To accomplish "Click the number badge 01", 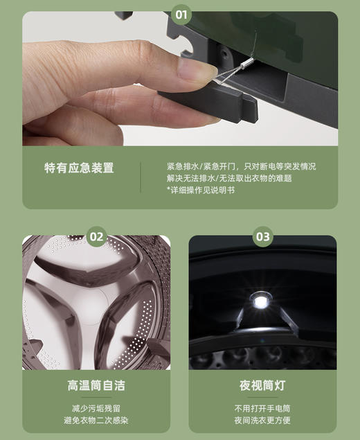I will pyautogui.click(x=180, y=12).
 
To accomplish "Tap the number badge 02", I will pyautogui.click(x=96, y=237).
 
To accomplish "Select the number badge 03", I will pyautogui.click(x=262, y=237).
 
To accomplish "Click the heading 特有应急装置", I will pyautogui.click(x=79, y=168).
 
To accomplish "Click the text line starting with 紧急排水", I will pyautogui.click(x=241, y=166).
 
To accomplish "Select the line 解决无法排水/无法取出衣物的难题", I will pyautogui.click(x=229, y=178).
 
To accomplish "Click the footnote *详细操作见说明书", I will pyautogui.click(x=201, y=190).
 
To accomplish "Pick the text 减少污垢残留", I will pyautogui.click(x=96, y=407).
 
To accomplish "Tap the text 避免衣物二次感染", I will pyautogui.click(x=96, y=420).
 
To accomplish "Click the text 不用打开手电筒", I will pyautogui.click(x=262, y=407).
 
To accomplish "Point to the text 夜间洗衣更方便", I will pyautogui.click(x=262, y=420).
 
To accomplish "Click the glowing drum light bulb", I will pyautogui.click(x=260, y=301).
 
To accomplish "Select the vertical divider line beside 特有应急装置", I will pyautogui.click(x=141, y=177).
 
